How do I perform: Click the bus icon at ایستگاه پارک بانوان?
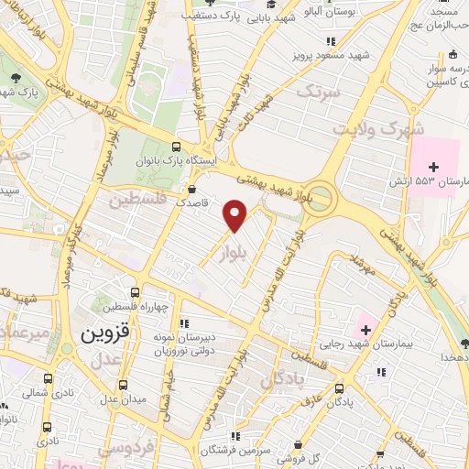176,145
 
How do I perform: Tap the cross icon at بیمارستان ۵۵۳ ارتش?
435,167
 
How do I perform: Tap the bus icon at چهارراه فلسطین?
136,291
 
